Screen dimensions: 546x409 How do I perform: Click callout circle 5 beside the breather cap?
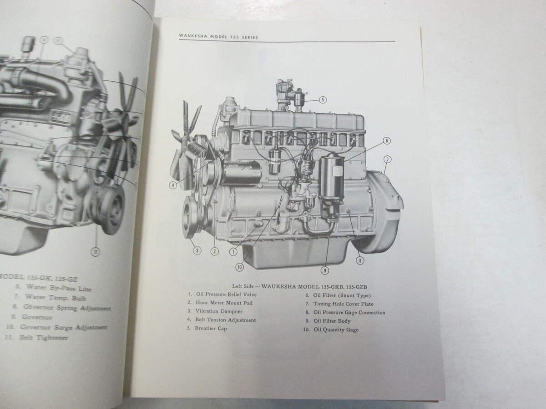tap(323, 100)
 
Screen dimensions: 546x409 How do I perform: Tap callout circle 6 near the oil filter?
tap(387, 141)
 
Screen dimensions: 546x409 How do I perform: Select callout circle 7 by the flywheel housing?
tap(388, 159)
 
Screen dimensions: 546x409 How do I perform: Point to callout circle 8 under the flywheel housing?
tap(360, 260)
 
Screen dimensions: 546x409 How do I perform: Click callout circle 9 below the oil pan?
tap(324, 270)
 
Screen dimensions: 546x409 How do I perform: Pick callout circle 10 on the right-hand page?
tap(240, 267)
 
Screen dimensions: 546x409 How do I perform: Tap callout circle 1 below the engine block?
tap(233, 252)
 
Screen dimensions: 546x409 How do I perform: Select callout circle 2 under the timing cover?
tap(215, 251)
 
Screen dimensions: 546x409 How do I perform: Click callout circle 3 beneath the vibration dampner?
tap(197, 250)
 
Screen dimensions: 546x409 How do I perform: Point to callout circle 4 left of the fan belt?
tap(172, 185)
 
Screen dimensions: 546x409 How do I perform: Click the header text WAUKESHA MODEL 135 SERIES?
tap(218, 37)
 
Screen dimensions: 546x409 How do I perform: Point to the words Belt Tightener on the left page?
tap(44, 338)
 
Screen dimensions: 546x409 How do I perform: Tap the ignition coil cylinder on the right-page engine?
tap(275, 161)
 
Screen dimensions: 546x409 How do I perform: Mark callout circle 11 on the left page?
tap(96, 252)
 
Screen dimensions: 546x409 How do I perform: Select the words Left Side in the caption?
tap(243, 286)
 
